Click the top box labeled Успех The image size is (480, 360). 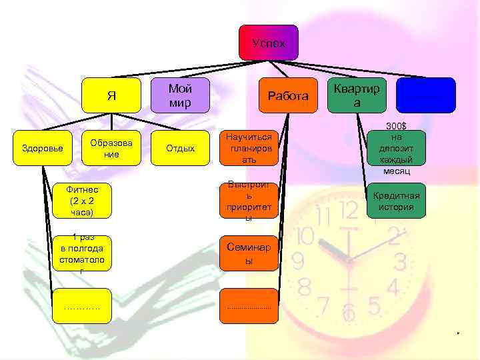point(269,43)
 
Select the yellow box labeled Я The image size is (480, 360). point(111,95)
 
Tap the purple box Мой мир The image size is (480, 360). point(179,95)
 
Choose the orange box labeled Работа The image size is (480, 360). point(287,96)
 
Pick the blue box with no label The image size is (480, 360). point(425,95)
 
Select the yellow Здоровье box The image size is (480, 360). point(41,148)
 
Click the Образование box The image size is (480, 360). point(111,148)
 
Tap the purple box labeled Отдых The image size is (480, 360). point(179,148)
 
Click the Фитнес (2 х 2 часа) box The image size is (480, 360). point(82,201)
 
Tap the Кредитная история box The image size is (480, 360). point(396,201)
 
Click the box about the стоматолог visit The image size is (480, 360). point(82,253)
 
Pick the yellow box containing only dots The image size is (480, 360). point(82,306)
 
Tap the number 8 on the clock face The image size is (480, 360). point(305,287)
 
